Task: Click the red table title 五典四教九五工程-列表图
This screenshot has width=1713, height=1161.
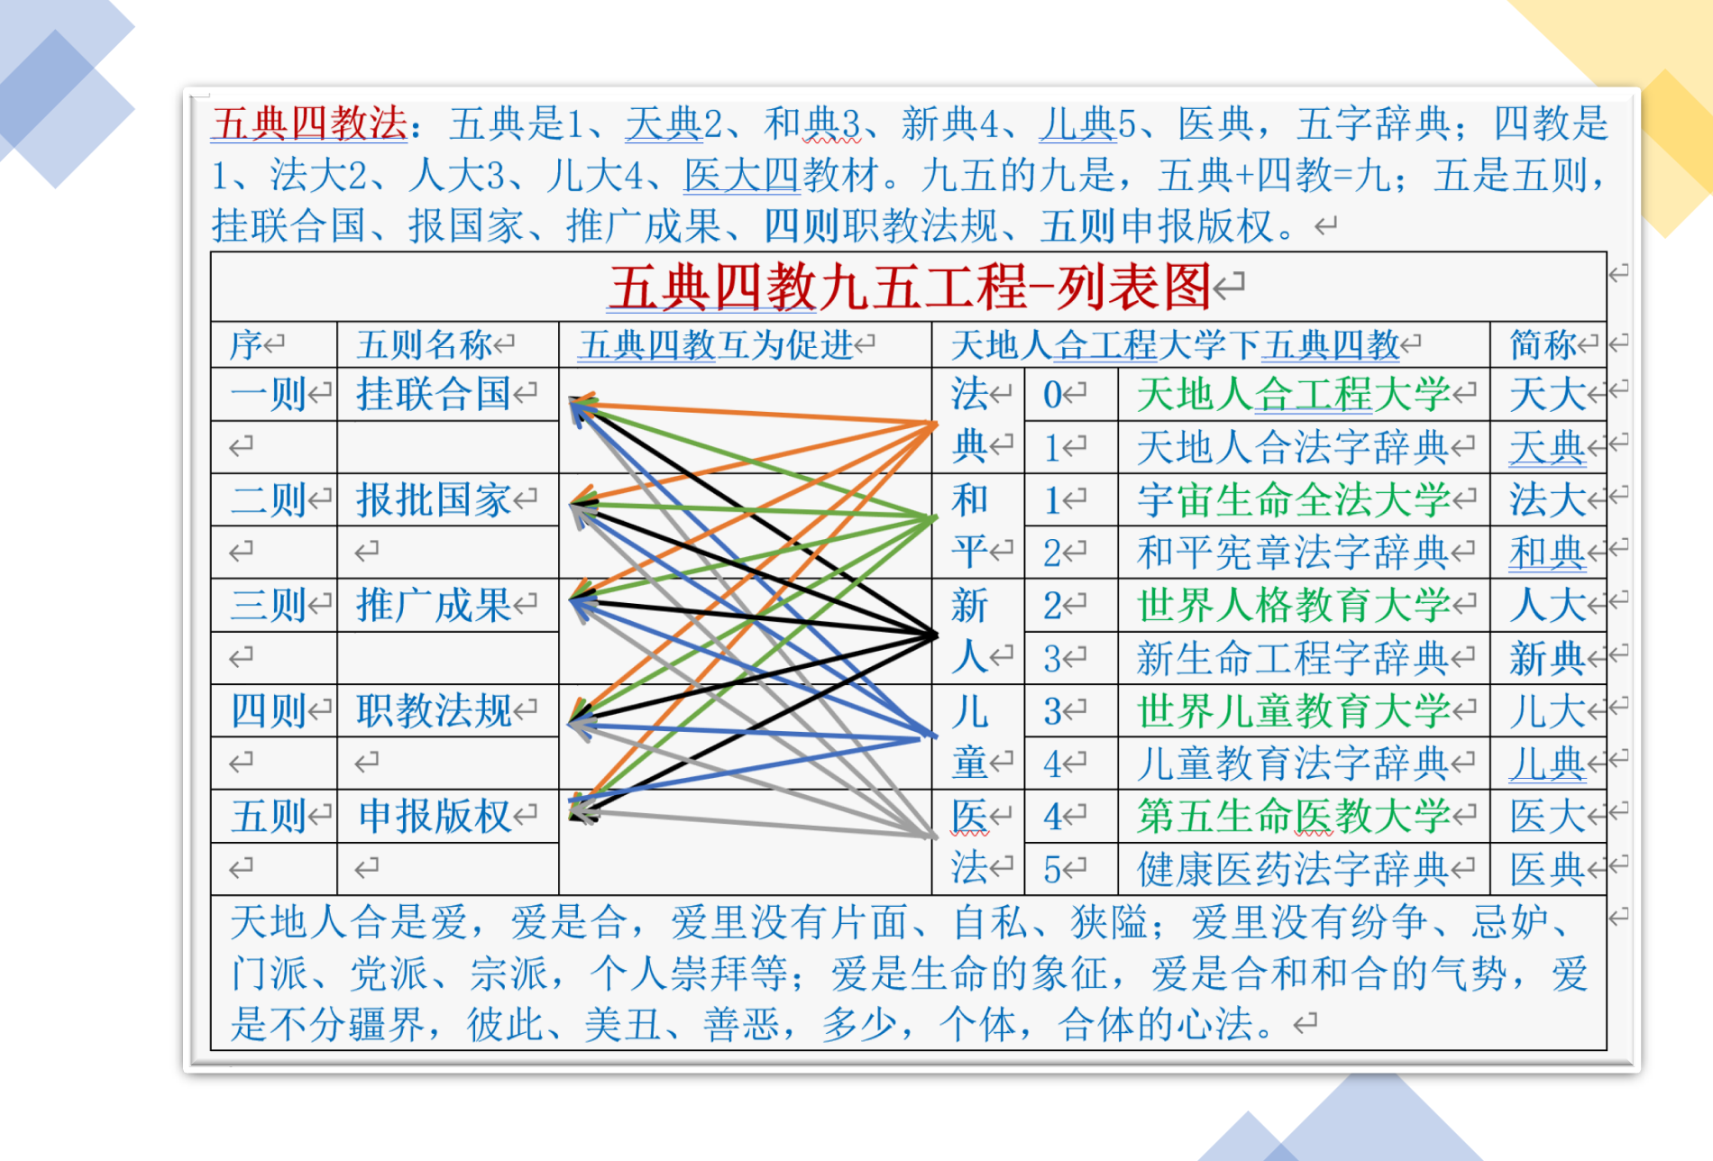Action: click(x=909, y=288)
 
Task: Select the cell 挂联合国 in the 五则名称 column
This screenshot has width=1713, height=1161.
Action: click(x=434, y=394)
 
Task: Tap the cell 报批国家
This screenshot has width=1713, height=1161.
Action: click(x=434, y=499)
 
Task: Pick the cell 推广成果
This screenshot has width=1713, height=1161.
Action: click(x=434, y=605)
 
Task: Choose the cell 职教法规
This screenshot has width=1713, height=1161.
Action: click(x=434, y=710)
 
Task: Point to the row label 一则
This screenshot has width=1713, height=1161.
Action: click(x=269, y=394)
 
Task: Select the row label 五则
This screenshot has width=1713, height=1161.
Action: click(x=269, y=816)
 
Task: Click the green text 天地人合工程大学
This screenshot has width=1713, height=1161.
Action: click(x=1294, y=394)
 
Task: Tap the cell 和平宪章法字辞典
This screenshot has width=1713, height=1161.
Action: click(x=1294, y=552)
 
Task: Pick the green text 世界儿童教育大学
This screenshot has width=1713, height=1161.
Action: click(x=1294, y=710)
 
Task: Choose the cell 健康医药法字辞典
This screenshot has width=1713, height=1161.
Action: click(x=1294, y=869)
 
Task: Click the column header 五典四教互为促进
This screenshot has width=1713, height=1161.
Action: click(x=716, y=344)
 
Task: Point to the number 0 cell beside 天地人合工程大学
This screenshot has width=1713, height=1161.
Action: click(x=1053, y=395)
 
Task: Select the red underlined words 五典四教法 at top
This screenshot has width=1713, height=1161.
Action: click(x=309, y=123)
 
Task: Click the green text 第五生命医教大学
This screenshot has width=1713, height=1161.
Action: click(x=1294, y=816)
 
